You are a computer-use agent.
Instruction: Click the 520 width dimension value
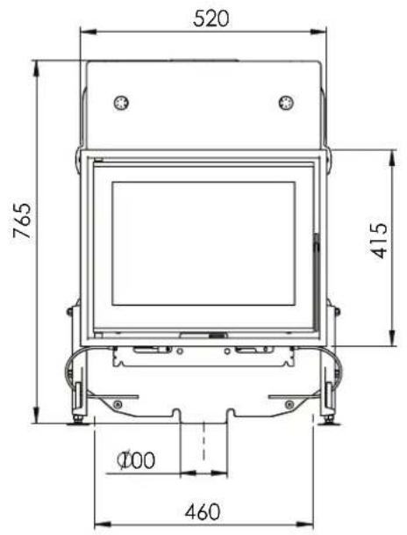(x=211, y=18)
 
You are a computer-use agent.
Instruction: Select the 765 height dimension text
(x=23, y=221)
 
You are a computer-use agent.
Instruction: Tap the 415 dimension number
(x=379, y=241)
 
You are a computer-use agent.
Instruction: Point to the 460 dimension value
(x=203, y=512)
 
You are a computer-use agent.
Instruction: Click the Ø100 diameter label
(x=136, y=460)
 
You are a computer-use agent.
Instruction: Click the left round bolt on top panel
(x=121, y=103)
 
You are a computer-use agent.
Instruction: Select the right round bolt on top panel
(x=286, y=103)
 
